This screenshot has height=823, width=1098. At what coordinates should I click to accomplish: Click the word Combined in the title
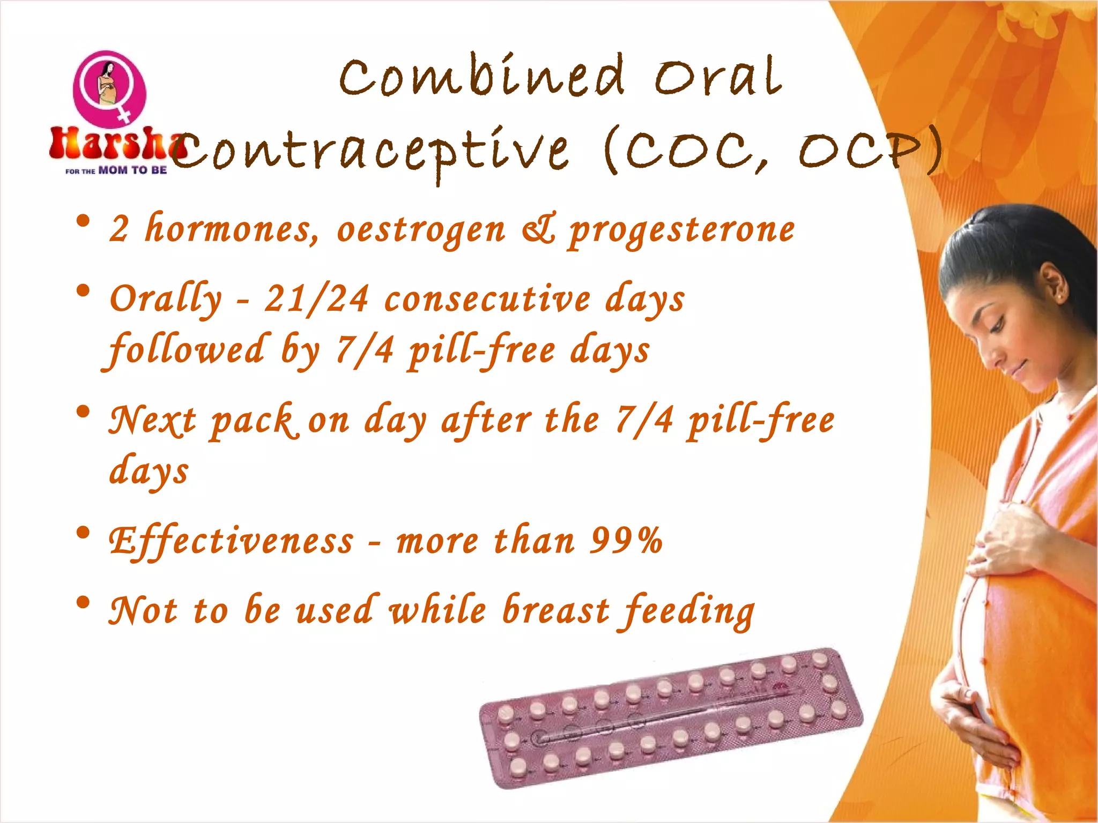[x=481, y=78]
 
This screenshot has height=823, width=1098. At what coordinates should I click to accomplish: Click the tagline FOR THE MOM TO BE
[x=116, y=171]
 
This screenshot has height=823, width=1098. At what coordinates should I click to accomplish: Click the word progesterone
[x=681, y=230]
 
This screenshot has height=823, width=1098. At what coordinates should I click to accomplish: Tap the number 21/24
[x=316, y=298]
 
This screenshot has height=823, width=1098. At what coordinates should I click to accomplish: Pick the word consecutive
[x=487, y=298]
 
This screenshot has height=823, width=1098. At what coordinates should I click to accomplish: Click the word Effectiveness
[x=231, y=541]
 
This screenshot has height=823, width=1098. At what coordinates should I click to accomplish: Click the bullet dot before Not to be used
[x=83, y=603]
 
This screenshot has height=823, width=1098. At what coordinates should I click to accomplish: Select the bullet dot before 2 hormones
[x=83, y=221]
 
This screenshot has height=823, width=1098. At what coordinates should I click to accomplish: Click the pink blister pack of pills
[x=670, y=718]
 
